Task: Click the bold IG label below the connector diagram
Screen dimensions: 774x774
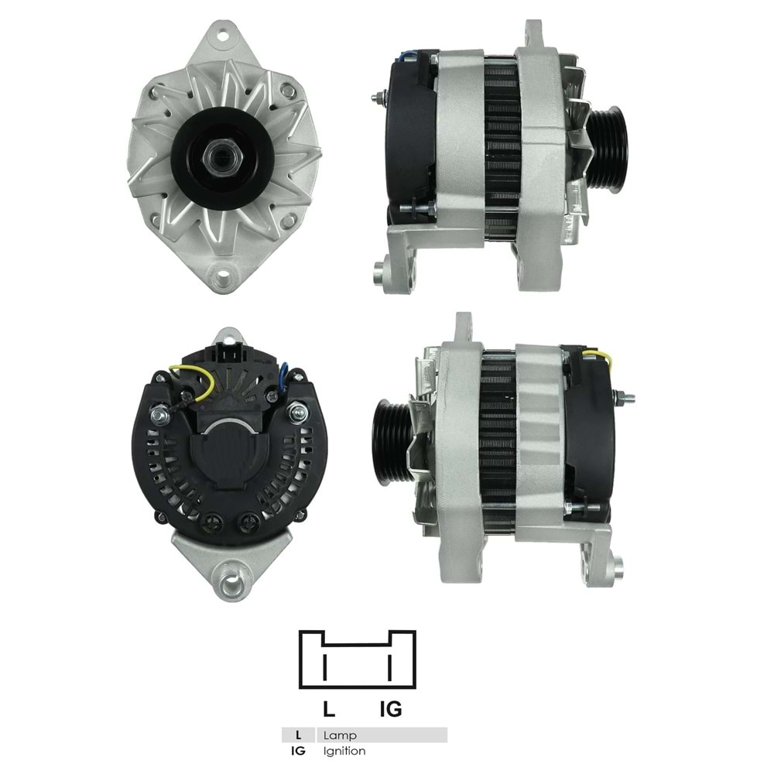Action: coord(391,708)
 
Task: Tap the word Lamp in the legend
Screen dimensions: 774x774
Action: coord(340,735)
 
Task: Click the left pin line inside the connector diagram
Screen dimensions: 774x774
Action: coord(325,666)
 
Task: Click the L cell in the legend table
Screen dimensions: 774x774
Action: coord(298,735)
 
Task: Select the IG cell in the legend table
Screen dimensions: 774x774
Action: coord(298,751)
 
